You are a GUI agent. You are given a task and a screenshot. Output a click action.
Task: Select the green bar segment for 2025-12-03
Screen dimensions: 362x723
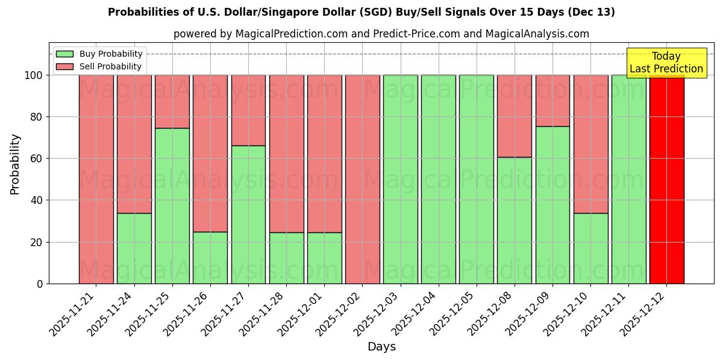click(x=400, y=179)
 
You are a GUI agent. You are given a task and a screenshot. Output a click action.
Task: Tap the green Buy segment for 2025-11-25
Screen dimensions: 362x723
click(x=172, y=206)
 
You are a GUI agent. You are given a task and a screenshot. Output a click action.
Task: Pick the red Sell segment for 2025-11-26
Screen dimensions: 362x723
click(x=210, y=153)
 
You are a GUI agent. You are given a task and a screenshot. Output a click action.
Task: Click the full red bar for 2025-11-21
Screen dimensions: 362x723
click(x=96, y=179)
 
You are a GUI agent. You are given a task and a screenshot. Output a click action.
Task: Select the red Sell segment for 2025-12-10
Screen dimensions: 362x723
click(x=590, y=144)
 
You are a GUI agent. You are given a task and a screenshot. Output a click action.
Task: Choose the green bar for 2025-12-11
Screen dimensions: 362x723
click(x=628, y=179)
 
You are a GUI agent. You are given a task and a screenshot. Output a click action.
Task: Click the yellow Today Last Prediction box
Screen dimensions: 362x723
click(x=666, y=63)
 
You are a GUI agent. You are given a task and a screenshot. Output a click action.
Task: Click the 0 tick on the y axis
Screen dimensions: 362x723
click(x=40, y=284)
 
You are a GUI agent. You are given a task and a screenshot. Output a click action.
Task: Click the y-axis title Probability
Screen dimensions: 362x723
click(x=15, y=164)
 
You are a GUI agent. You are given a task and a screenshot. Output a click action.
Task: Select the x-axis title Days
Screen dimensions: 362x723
click(x=381, y=347)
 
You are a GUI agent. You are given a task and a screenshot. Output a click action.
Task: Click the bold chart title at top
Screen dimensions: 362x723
click(x=361, y=12)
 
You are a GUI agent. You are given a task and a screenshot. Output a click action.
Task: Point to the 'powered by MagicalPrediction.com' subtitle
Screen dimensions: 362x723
click(x=381, y=34)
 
